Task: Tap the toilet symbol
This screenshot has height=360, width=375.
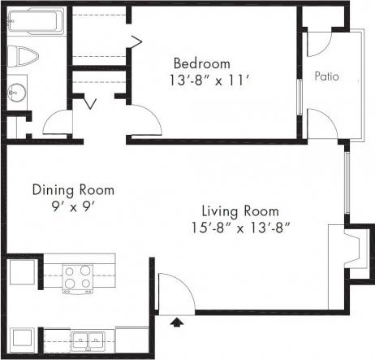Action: coord(25,57)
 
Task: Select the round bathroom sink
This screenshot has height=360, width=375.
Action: coord(18,90)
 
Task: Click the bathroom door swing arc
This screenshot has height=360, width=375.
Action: coord(57,124)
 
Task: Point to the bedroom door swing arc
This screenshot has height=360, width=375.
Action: coord(144,122)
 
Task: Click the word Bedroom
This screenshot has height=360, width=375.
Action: coord(201,63)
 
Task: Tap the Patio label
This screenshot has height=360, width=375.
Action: coord(327,77)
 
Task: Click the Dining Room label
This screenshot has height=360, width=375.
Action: coord(73,190)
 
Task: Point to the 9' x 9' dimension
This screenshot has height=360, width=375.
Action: coord(73,206)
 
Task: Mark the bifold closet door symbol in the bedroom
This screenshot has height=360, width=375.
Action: coord(136,38)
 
